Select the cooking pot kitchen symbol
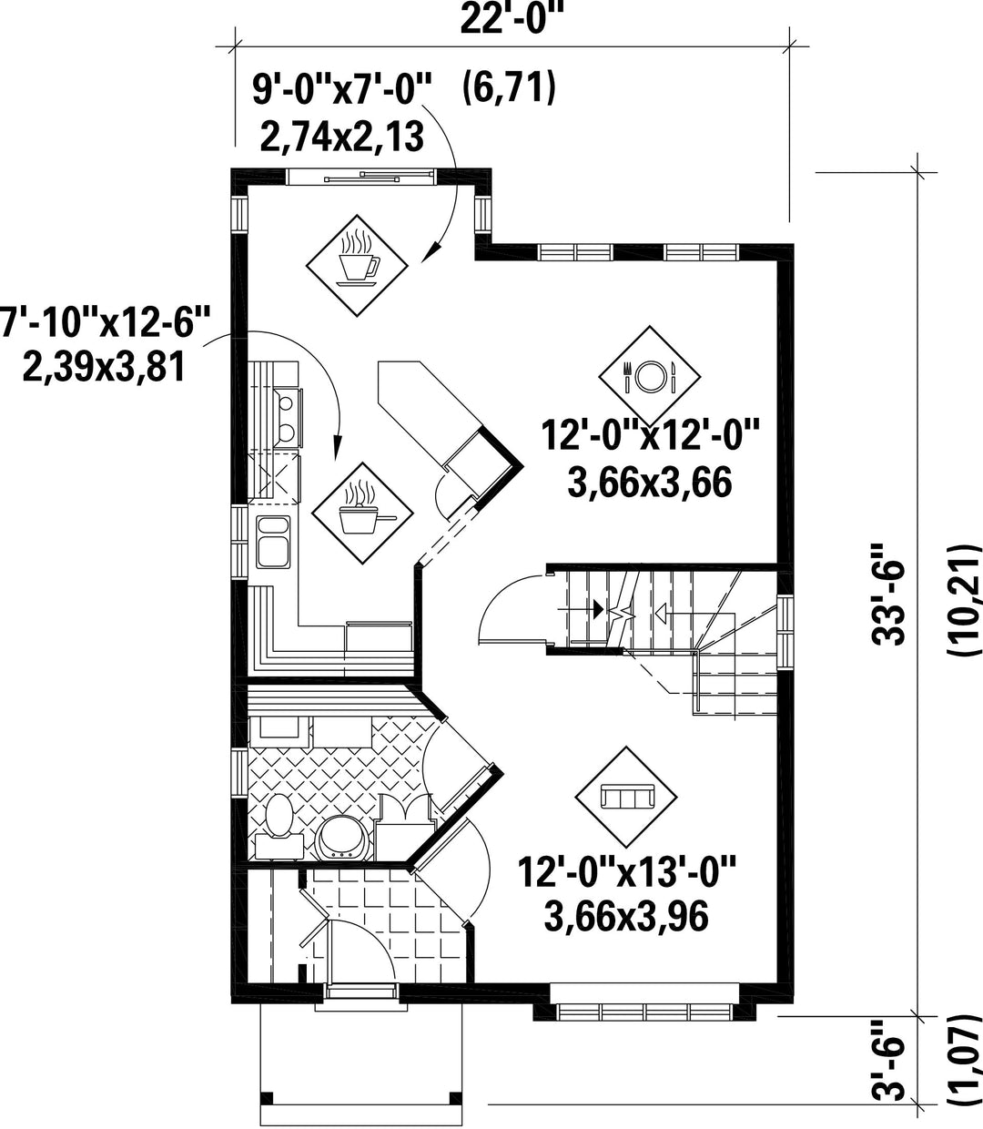pyautogui.click(x=362, y=513)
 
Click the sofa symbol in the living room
pyautogui.click(x=626, y=797)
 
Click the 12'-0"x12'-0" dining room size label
pyautogui.click(x=651, y=435)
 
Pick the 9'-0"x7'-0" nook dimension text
pyautogui.click(x=341, y=89)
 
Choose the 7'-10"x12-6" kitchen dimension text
pyautogui.click(x=105, y=320)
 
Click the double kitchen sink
pyautogui.click(x=273, y=542)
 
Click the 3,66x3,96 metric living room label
pyautogui.click(x=626, y=917)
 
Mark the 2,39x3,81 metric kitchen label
pyautogui.click(x=104, y=368)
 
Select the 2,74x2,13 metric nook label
pyautogui.click(x=342, y=137)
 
